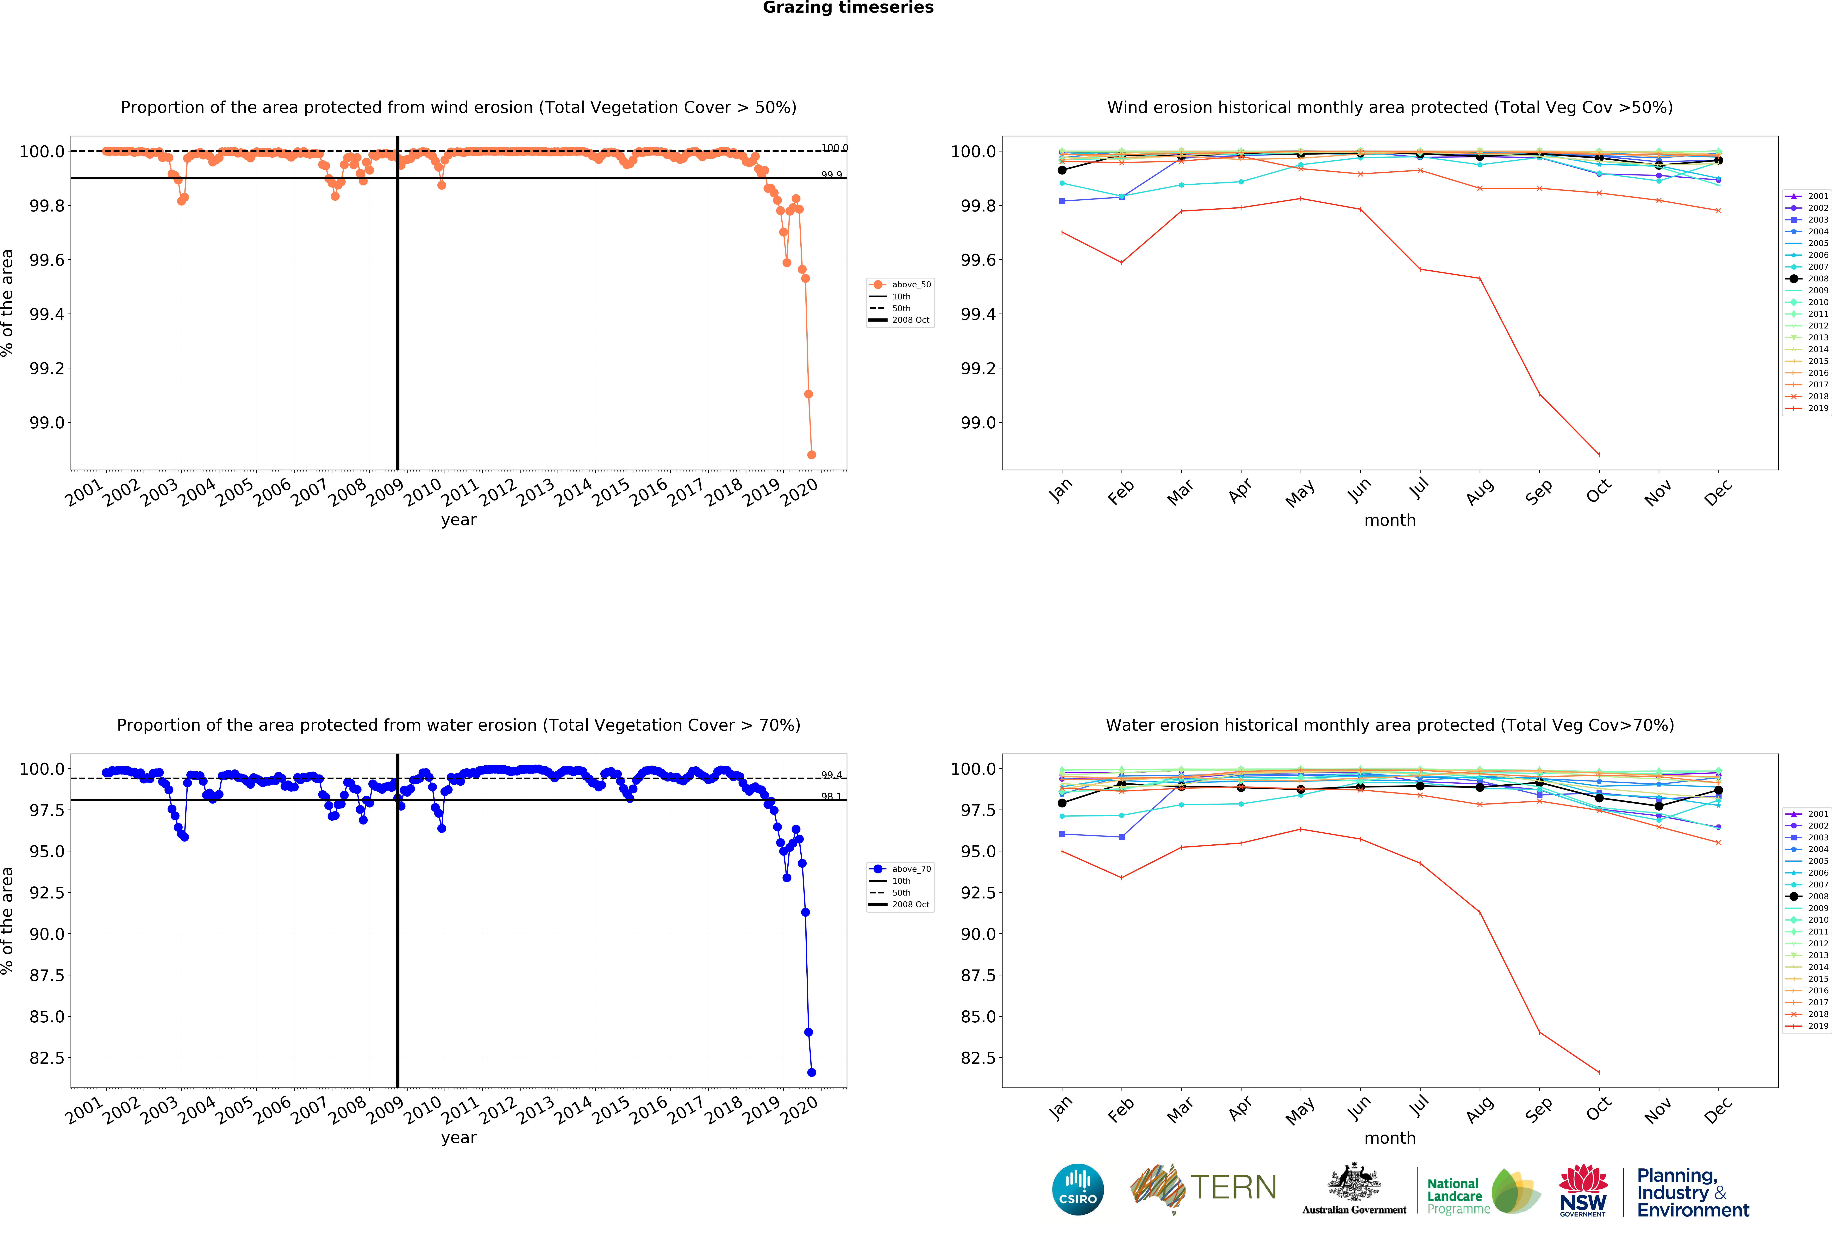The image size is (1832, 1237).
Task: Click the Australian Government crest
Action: tap(1354, 1182)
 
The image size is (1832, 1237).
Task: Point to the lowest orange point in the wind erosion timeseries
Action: tap(811, 455)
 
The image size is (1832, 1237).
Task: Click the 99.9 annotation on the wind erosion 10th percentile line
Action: tap(831, 174)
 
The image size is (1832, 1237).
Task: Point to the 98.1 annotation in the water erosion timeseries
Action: tap(831, 796)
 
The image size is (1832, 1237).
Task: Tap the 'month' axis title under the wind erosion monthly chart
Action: tap(1390, 520)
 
